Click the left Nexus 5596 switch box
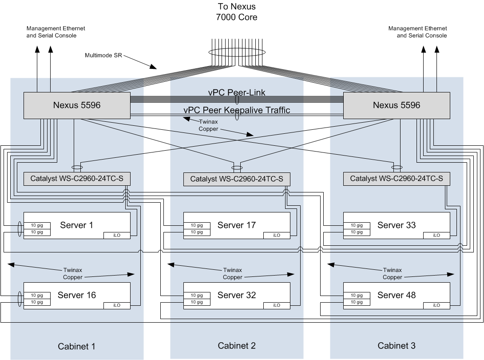click(76, 106)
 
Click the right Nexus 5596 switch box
click(396, 106)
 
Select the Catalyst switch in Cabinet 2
click(236, 179)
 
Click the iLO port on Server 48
click(436, 305)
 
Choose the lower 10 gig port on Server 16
click(37, 302)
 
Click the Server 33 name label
click(397, 225)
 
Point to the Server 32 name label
click(237, 295)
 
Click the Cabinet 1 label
click(77, 347)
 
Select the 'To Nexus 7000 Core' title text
click(238, 12)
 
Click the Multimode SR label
click(103, 56)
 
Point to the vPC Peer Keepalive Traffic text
click(237, 110)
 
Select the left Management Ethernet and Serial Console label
click(56, 32)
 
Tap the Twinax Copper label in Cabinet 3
click(392, 273)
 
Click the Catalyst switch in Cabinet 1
click(76, 179)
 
